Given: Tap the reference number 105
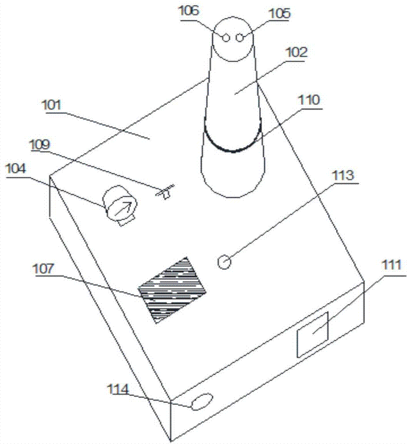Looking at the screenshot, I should coord(279,13).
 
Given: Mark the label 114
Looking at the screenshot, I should coord(118,389).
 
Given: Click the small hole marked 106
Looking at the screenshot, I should coord(226,38).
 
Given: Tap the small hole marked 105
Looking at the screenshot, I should coord(240,38).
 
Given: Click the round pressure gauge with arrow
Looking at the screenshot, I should coord(120,204).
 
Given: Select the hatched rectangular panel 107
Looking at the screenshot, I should coord(172,289).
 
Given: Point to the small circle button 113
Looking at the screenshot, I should coord(224,262).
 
